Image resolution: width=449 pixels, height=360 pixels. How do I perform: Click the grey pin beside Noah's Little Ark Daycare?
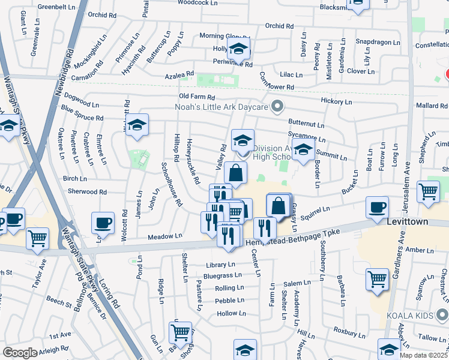(277, 107)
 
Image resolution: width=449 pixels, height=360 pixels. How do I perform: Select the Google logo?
(20, 353)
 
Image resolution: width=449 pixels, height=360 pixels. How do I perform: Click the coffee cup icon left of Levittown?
(378, 208)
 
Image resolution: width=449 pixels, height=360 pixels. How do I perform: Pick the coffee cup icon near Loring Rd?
(103, 223)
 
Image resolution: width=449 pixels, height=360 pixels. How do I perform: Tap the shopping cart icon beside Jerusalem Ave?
(429, 192)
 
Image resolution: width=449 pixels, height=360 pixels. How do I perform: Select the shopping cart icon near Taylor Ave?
(38, 238)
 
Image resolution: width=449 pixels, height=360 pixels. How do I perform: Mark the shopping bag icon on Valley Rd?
(236, 172)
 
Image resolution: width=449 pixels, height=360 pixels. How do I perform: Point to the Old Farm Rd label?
(196, 97)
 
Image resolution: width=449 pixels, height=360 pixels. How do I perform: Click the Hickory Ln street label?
(336, 101)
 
